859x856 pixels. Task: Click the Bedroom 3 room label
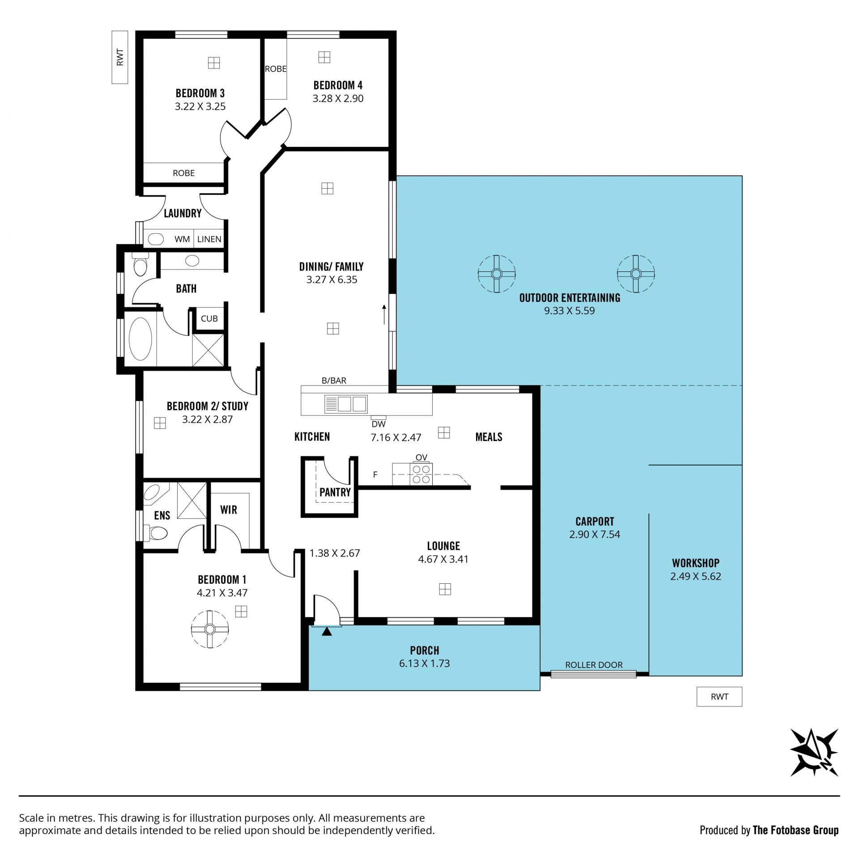click(200, 93)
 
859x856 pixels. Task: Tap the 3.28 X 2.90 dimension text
click(338, 98)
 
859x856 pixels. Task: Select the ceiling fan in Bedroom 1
click(209, 629)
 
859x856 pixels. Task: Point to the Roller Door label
click(594, 665)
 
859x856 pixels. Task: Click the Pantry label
click(335, 492)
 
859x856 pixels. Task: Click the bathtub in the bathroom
click(140, 339)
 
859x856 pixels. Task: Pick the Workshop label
click(696, 563)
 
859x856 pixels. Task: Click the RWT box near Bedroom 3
click(120, 57)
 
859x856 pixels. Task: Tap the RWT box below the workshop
click(719, 697)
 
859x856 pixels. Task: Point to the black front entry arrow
click(327, 631)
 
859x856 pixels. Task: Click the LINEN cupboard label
click(209, 239)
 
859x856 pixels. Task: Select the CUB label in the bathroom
click(209, 319)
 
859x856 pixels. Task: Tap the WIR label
click(229, 509)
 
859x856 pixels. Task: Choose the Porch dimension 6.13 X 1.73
click(424, 663)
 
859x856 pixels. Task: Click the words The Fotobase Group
click(796, 830)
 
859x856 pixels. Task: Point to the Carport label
click(595, 521)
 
